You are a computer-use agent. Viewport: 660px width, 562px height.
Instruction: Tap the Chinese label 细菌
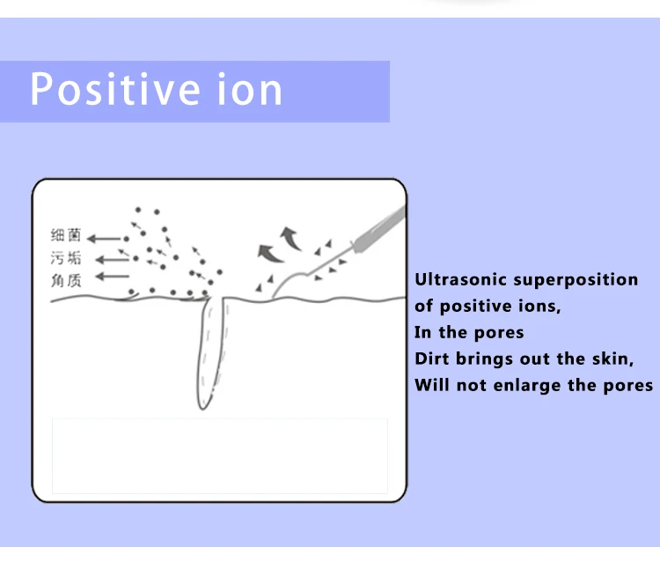pyautogui.click(x=66, y=236)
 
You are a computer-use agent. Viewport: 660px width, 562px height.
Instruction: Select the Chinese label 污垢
pyautogui.click(x=66, y=258)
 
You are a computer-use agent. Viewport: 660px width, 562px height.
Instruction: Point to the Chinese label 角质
pyautogui.click(x=66, y=279)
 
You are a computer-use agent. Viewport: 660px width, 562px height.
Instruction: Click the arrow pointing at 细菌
pyautogui.click(x=105, y=238)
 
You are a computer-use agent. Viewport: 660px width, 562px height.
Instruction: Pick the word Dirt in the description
pyautogui.click(x=433, y=359)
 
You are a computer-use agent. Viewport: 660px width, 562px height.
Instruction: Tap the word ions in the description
pyautogui.click(x=534, y=307)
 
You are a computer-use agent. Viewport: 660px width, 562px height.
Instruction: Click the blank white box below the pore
pyautogui.click(x=220, y=455)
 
